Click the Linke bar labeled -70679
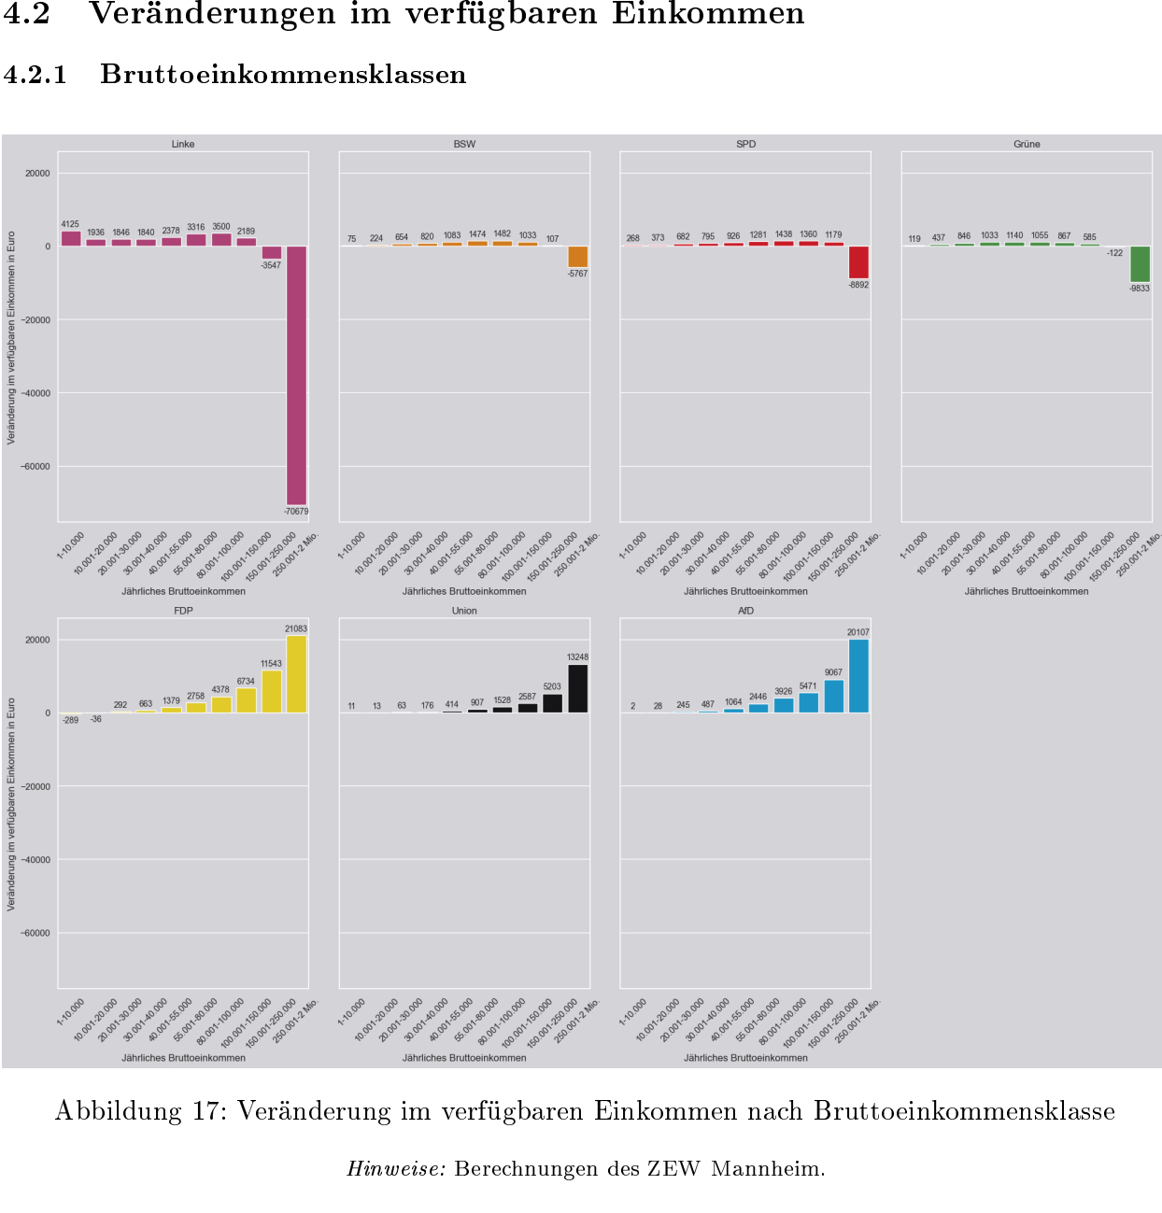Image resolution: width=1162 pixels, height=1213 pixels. coord(296,375)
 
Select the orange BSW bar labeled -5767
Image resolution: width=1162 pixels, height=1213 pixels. coord(577,257)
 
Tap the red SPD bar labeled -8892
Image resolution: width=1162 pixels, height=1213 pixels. coord(858,262)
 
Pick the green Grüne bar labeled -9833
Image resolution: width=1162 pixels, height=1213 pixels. coord(1140,264)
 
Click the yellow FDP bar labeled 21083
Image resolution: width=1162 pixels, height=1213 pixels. coord(296,674)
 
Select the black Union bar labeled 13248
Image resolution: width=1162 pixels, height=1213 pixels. coord(577,689)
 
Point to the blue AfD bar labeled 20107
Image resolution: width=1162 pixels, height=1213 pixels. coord(858,676)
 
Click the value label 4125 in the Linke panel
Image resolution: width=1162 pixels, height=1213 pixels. coord(70,224)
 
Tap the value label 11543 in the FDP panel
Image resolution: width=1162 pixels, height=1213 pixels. coord(271,664)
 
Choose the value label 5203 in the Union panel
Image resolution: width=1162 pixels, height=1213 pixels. coord(552,686)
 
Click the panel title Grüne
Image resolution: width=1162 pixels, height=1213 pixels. coord(1027,144)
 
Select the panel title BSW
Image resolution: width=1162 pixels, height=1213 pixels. coord(464,144)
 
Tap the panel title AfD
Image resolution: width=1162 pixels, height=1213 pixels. coord(745,611)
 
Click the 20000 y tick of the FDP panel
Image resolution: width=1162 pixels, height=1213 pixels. coord(38,640)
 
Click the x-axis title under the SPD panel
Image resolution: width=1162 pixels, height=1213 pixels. coord(745,591)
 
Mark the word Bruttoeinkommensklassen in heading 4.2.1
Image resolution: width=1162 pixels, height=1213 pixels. coord(283,75)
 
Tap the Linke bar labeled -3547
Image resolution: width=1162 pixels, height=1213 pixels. coord(272,252)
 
